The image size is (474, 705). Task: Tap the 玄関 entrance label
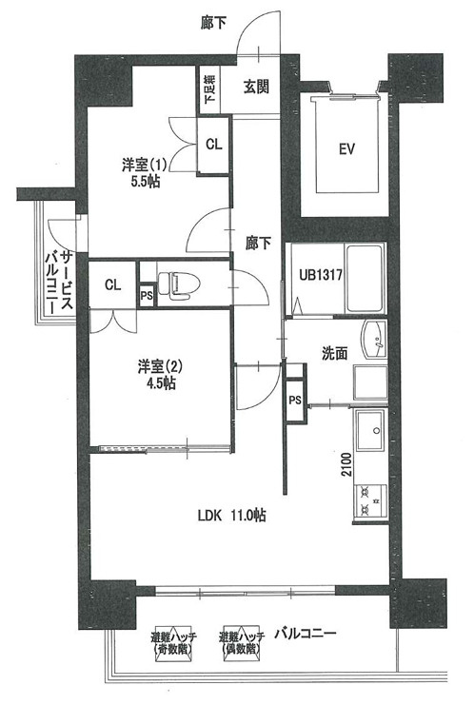255,87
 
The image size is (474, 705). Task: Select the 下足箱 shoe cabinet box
209,90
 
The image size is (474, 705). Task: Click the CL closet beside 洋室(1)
214,145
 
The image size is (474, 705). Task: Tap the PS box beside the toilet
146,295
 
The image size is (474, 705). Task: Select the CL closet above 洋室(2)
112,284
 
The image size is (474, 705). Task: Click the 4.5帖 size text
154,384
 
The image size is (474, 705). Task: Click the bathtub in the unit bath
364,278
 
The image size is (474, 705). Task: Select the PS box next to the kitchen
296,401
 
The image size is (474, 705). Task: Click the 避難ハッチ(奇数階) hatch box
172,642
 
